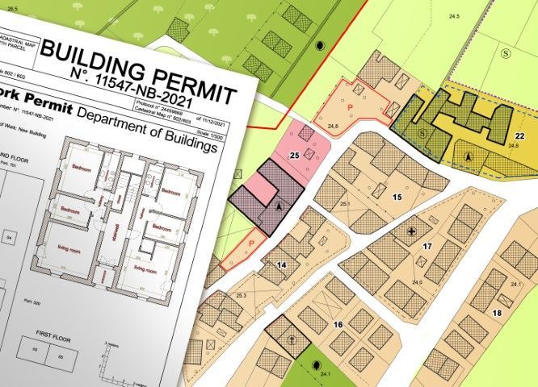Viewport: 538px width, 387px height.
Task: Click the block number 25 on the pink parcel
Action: (x=294, y=154)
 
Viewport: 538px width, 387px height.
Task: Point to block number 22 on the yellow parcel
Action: (x=519, y=135)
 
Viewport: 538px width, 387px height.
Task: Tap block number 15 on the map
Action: (x=397, y=196)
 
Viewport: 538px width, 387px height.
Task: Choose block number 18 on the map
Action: (x=497, y=312)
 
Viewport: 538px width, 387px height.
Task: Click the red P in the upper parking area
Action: (x=350, y=106)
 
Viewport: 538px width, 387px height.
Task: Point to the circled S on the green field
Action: (x=506, y=53)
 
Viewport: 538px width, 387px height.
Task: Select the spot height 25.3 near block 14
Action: (x=241, y=296)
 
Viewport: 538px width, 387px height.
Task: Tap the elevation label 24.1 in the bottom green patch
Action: (x=326, y=375)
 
